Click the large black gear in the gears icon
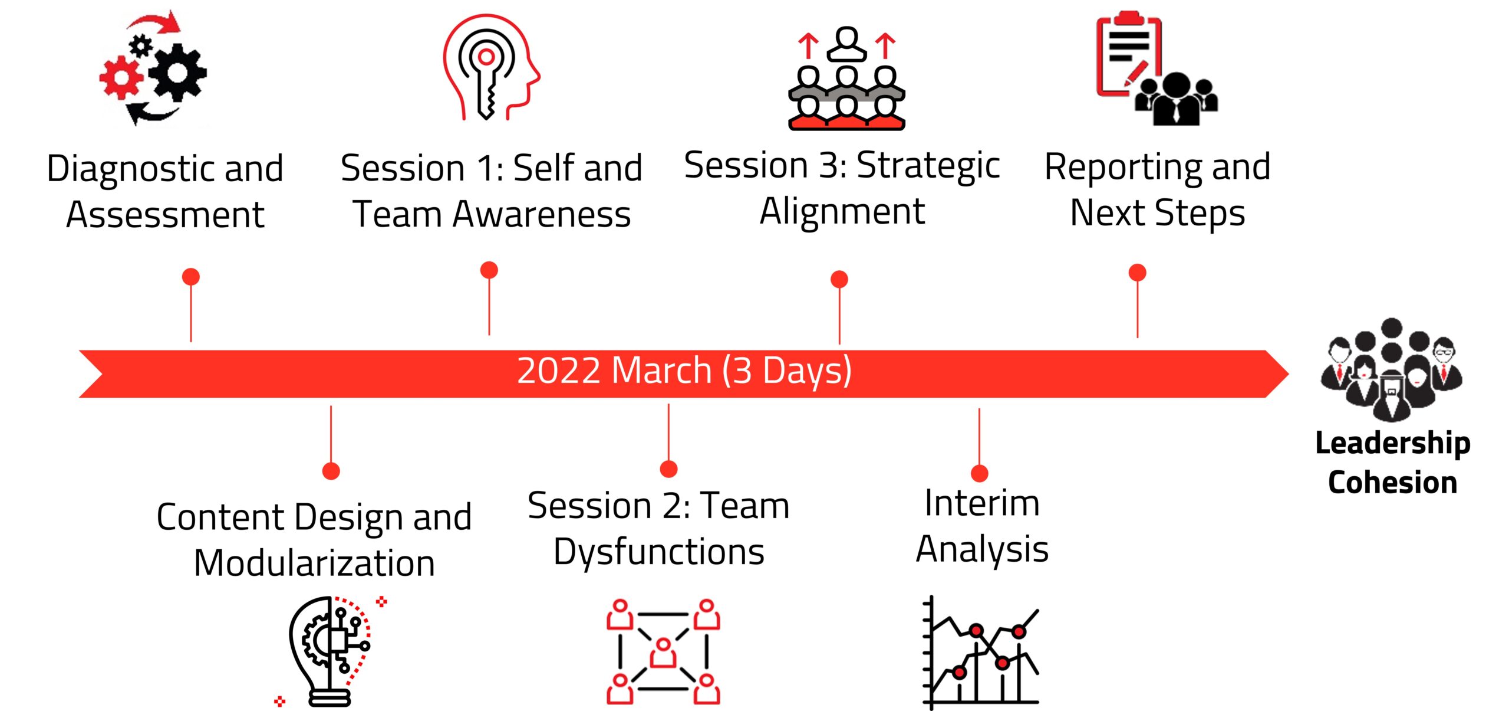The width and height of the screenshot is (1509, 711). coord(177,72)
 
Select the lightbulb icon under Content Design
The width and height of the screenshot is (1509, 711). coord(330,651)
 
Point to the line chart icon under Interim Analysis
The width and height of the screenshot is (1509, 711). coord(981,651)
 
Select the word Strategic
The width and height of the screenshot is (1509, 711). coord(928,166)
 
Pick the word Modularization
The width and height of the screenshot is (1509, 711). coord(314,563)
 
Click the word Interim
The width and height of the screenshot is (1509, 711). coord(982,503)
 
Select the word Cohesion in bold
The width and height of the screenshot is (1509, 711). coord(1392,482)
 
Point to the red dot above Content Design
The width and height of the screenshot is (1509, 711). coord(331,471)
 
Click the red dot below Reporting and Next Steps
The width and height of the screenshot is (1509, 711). coord(1137,273)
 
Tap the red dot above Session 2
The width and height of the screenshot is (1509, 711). coord(668,469)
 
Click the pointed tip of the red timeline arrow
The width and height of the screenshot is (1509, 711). coord(1289,373)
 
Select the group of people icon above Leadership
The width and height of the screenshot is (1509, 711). coord(1392,369)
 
